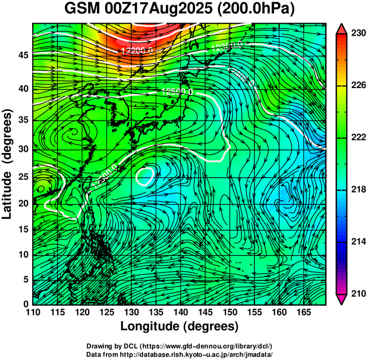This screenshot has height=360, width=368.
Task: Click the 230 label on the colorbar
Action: tap(358, 33)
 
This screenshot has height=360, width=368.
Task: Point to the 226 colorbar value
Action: tap(358, 85)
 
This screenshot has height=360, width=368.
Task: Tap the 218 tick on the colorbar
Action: tap(358, 189)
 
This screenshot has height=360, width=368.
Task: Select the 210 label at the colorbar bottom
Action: tap(358, 293)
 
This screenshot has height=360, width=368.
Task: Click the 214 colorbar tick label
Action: tap(358, 242)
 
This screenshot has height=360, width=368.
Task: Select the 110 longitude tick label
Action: tap(33, 312)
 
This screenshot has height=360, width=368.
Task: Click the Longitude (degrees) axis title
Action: tap(180, 327)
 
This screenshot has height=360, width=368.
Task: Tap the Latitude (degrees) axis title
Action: tap(8, 163)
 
